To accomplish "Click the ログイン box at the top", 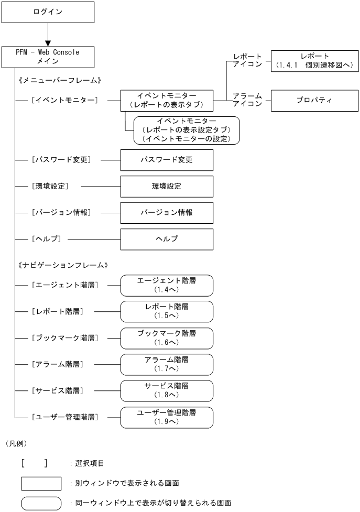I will (48, 12).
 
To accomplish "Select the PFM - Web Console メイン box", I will (48, 57).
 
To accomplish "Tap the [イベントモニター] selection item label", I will (64, 100).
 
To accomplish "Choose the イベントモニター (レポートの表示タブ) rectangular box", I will (167, 100).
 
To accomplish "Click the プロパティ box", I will (315, 100).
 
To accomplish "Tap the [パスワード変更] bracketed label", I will (61, 159).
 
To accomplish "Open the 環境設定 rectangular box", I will (167, 186).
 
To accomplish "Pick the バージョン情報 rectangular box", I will (167, 212).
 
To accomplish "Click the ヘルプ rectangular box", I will (167, 238).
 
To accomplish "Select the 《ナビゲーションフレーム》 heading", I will (62, 265).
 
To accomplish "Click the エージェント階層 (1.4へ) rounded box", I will (167, 285).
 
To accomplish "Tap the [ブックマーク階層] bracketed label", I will (64, 338).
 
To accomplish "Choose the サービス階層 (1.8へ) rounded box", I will (167, 390).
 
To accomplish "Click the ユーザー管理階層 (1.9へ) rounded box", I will (167, 417).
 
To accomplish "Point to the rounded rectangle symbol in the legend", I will (41, 503).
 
